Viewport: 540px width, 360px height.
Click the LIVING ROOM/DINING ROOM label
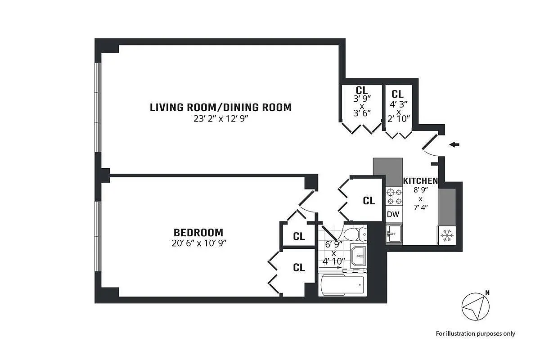coord(220,108)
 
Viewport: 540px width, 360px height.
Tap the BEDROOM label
coord(198,233)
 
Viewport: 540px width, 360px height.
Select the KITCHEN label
coord(420,181)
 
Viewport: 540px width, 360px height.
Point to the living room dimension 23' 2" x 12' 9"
coord(220,119)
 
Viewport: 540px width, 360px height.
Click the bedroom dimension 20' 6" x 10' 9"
coord(199,243)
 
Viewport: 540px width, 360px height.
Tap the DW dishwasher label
coord(393,214)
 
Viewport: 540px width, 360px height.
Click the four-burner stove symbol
coord(394,197)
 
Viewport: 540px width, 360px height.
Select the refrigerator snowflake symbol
coord(447,235)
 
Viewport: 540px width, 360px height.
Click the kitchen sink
coord(394,234)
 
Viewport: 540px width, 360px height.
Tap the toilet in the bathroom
coord(355,234)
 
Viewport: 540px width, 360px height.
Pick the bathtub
coord(342,285)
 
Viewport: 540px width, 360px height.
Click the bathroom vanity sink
coord(359,256)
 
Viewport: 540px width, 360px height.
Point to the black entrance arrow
coord(454,145)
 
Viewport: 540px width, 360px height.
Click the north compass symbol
coord(475,307)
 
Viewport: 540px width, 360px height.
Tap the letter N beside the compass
coord(487,293)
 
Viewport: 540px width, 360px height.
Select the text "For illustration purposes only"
coord(475,334)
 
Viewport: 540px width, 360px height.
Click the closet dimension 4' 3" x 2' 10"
coord(399,112)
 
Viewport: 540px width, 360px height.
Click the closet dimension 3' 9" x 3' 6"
coord(362,106)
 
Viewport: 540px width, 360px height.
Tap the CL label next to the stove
coord(369,201)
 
